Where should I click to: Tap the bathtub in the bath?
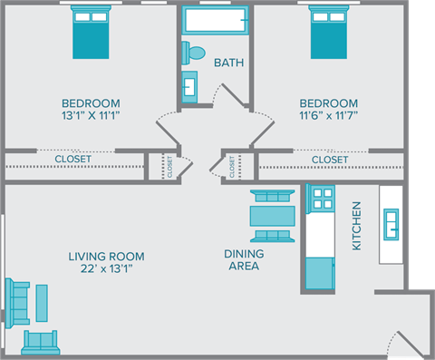tap(216, 20)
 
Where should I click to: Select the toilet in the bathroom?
tap(195, 52)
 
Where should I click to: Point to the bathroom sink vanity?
tap(190, 84)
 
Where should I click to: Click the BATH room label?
tap(227, 63)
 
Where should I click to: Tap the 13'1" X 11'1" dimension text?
tap(91, 115)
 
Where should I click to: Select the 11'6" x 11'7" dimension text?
tap(327, 115)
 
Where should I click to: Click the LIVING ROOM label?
tap(106, 256)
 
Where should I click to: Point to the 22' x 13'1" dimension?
tap(106, 268)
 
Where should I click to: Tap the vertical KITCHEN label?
tap(356, 226)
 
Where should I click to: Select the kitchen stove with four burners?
tap(322, 199)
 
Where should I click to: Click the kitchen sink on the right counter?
tap(391, 223)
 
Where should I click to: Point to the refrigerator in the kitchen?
tap(319, 271)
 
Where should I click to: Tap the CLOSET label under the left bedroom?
tap(72, 160)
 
